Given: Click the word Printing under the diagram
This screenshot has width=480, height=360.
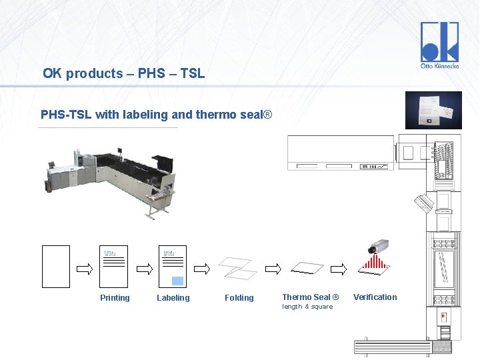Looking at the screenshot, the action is point(115,298).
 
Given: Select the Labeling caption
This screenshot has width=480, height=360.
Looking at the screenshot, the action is point(173,298).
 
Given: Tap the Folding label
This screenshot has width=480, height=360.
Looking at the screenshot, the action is point(239,298).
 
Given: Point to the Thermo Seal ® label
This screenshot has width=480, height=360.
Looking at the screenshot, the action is point(310,297).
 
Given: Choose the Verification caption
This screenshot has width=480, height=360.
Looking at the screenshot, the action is point(375,297).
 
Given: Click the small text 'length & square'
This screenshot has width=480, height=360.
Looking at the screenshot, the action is point(307,307).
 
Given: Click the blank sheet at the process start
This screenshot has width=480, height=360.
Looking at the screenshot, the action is point(56,267).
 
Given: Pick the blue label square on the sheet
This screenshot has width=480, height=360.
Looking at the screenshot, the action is point(177,280).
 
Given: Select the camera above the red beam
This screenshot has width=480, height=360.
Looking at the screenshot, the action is point(377,249).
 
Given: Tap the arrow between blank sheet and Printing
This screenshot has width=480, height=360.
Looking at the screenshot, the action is point(85,269).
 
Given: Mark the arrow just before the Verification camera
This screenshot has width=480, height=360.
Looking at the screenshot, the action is point(339,269).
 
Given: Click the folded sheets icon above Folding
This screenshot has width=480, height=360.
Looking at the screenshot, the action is point(238,268).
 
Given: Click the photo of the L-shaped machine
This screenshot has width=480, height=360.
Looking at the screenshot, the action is point(110,180).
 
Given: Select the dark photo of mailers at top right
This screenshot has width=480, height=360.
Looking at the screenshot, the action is point(433,110).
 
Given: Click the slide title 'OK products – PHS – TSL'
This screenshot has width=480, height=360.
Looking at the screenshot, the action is point(123,73).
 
